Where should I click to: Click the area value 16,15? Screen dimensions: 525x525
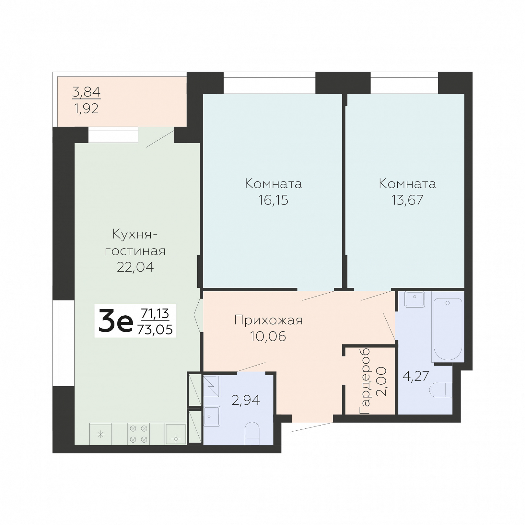tap(273, 200)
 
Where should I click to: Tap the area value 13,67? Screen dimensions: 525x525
tap(407, 200)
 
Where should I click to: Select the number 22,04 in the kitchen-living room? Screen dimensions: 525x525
tap(135, 267)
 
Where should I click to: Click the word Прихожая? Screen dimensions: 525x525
tap(268, 321)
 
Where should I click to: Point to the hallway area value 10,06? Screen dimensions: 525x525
tap(268, 336)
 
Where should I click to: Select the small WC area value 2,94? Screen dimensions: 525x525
tap(246, 401)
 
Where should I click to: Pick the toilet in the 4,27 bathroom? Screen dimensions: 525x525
tap(441, 390)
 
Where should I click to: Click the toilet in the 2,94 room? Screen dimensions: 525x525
tap(252, 434)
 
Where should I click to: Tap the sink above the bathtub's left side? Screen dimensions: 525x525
tap(414, 299)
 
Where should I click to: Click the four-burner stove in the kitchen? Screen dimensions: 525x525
tap(139, 434)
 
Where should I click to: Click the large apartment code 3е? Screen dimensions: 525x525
tap(115, 321)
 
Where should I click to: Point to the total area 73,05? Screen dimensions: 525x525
tap(155, 330)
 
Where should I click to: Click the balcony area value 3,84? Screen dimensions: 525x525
tap(87, 92)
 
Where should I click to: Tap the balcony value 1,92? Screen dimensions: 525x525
tap(86, 109)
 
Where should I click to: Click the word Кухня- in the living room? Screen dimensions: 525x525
tap(135, 234)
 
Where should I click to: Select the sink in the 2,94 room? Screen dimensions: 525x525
tap(212, 416)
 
